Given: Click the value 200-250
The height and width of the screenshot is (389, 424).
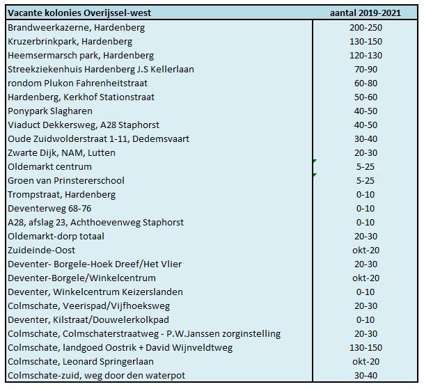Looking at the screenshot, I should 366,27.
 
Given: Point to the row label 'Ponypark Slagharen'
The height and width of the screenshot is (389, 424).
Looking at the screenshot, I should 49,111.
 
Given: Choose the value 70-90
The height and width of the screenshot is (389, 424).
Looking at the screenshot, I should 366,69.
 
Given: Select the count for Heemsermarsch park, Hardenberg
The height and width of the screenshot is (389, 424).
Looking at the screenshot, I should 366,55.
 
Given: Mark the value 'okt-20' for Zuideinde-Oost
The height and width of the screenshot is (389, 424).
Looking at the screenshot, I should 366,250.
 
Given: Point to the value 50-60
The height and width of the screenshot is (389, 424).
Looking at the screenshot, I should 366,97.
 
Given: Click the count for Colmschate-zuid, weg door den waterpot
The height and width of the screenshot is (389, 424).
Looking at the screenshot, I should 366,375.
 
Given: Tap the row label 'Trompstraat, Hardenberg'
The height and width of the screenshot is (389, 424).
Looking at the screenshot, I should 62,194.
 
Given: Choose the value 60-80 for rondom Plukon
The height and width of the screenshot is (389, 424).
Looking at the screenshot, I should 366,83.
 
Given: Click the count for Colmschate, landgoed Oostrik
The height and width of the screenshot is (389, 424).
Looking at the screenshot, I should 366,347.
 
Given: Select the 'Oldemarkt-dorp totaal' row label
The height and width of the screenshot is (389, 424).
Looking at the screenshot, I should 57,236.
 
